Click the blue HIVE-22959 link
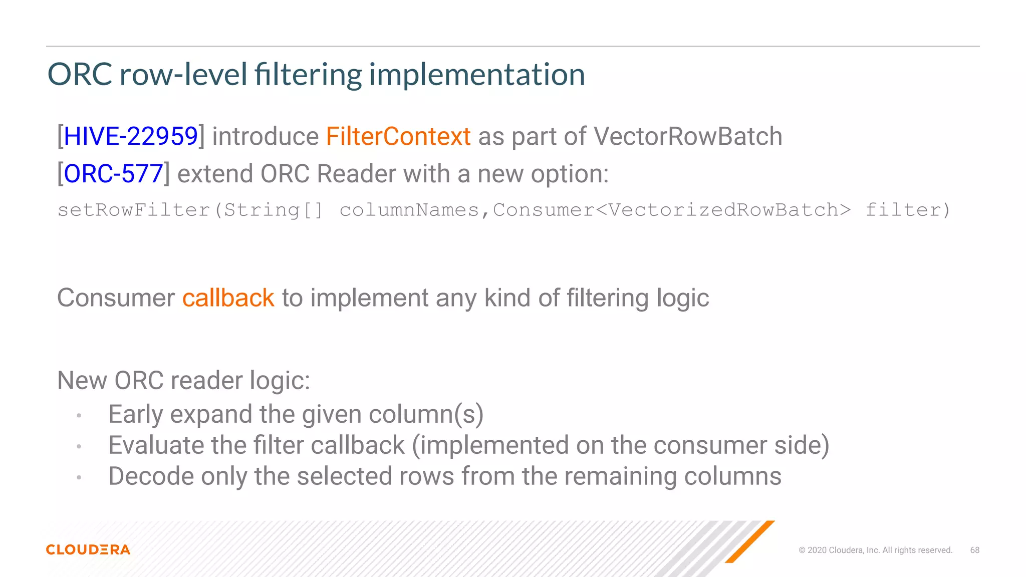click(131, 136)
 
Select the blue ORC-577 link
click(113, 174)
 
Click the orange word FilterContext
click(398, 136)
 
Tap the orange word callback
click(228, 298)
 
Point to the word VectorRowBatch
click(687, 136)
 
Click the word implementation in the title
click(477, 75)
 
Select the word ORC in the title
click(80, 75)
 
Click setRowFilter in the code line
click(133, 210)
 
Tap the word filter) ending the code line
click(907, 210)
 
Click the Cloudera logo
click(88, 549)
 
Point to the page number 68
click(974, 550)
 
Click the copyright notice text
click(875, 550)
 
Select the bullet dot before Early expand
click(79, 416)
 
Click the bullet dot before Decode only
click(79, 478)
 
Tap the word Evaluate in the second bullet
click(156, 445)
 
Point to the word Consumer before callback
click(116, 298)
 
